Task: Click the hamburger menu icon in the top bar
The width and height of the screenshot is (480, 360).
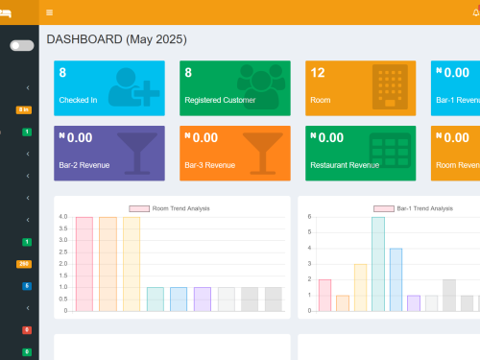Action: pos(50,12)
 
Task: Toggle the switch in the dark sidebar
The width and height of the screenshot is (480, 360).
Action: pos(21,45)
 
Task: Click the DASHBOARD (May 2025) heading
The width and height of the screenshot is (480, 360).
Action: pos(116,40)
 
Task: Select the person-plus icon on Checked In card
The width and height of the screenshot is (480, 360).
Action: pos(132,85)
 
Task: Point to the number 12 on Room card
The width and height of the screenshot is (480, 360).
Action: pos(318,73)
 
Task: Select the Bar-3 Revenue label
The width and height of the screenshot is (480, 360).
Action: pos(209,165)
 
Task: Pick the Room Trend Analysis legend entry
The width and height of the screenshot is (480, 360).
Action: pos(169,208)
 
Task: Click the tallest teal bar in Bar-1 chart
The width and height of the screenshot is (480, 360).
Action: pos(378,263)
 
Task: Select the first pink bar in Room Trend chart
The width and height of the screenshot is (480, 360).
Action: pos(84,263)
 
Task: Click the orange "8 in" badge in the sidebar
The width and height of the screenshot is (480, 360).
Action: pos(24,109)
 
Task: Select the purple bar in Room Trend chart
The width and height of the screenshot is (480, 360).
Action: pos(203,299)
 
